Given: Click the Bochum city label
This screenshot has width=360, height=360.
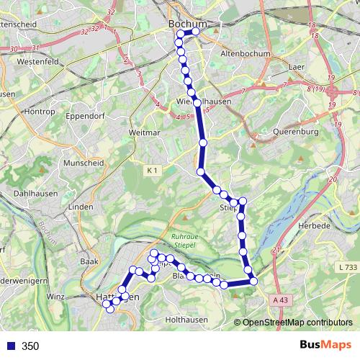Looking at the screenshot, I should coord(186,24).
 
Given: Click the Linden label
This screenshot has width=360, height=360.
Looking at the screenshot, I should coord(80,207).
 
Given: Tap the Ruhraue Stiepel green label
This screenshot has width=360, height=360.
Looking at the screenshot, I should coord(188,239).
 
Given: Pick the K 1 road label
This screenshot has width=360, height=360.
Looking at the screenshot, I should coord(151,171).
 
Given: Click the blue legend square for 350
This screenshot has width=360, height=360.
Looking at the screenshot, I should coord(9,346).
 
